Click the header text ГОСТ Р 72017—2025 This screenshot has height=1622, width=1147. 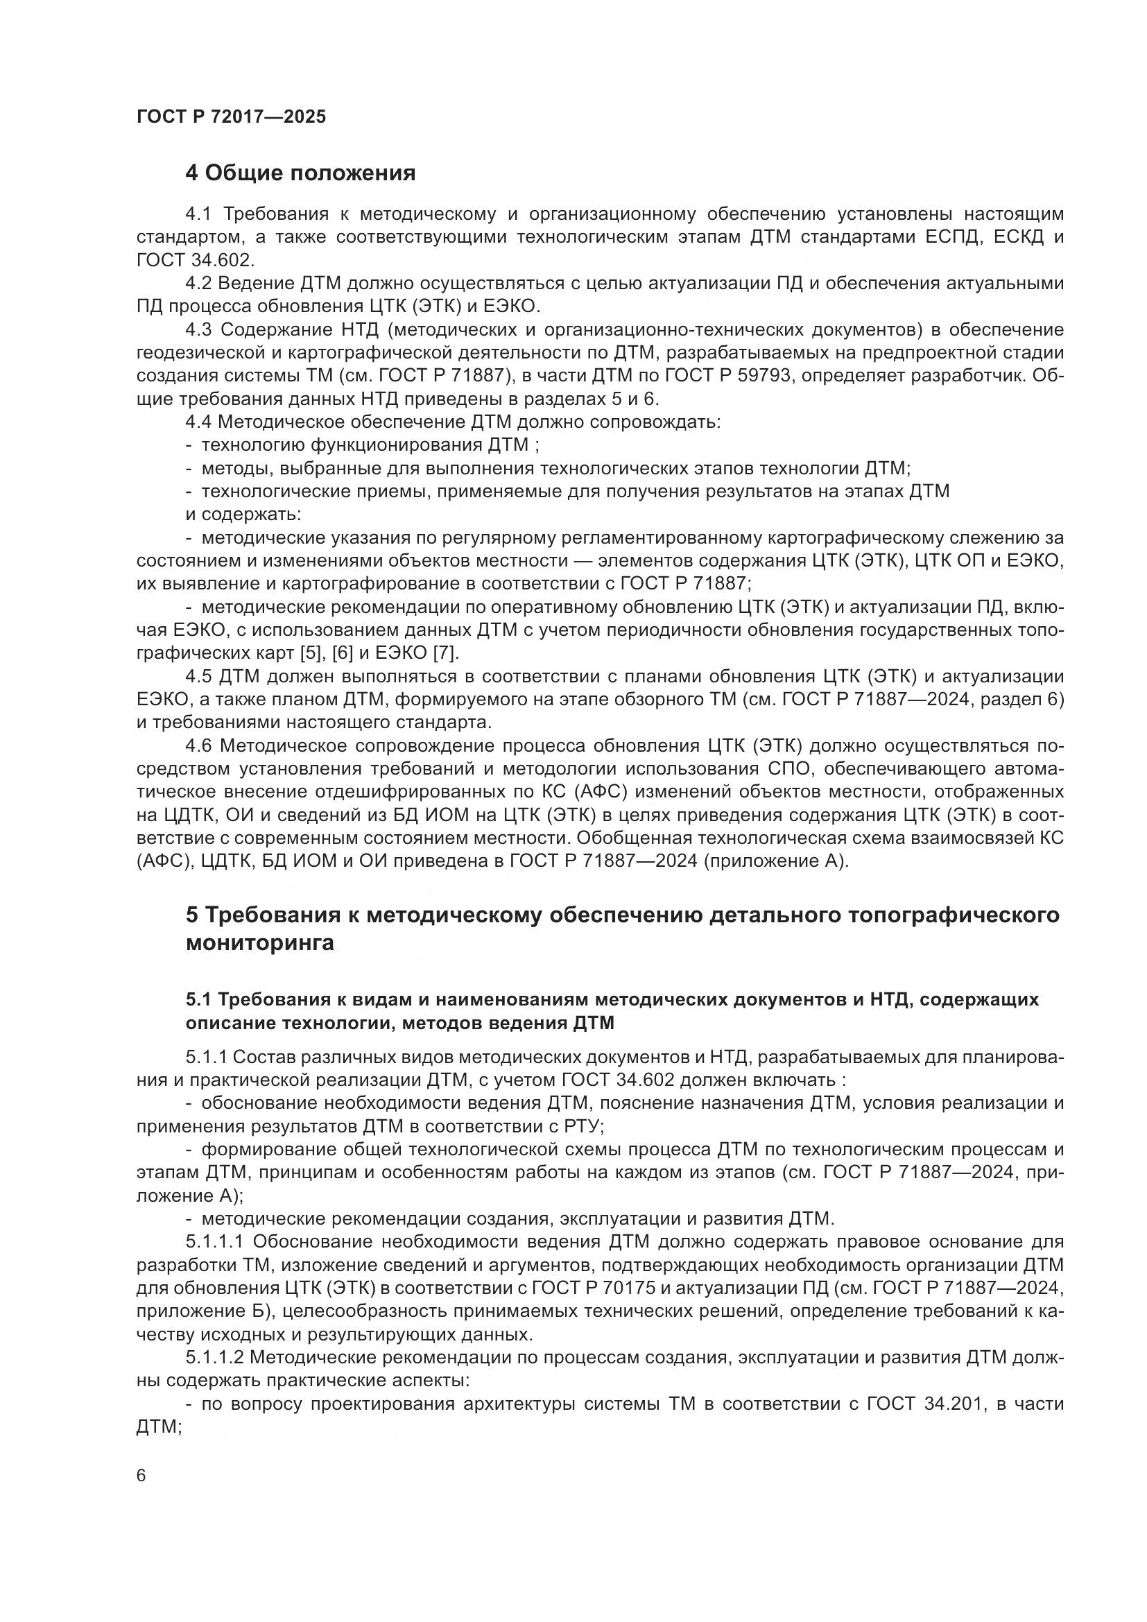coord(231,117)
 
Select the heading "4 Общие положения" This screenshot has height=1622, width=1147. coord(300,173)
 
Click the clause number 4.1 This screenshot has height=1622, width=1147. coord(198,214)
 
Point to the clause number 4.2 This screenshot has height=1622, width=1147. coord(198,284)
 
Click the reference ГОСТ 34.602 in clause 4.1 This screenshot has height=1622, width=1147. coord(193,260)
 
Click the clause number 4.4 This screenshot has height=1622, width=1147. coord(198,422)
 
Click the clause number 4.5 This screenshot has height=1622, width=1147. coord(198,677)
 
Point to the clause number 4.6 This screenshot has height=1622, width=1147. coord(198,746)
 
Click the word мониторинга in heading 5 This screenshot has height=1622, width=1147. coord(259,943)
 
